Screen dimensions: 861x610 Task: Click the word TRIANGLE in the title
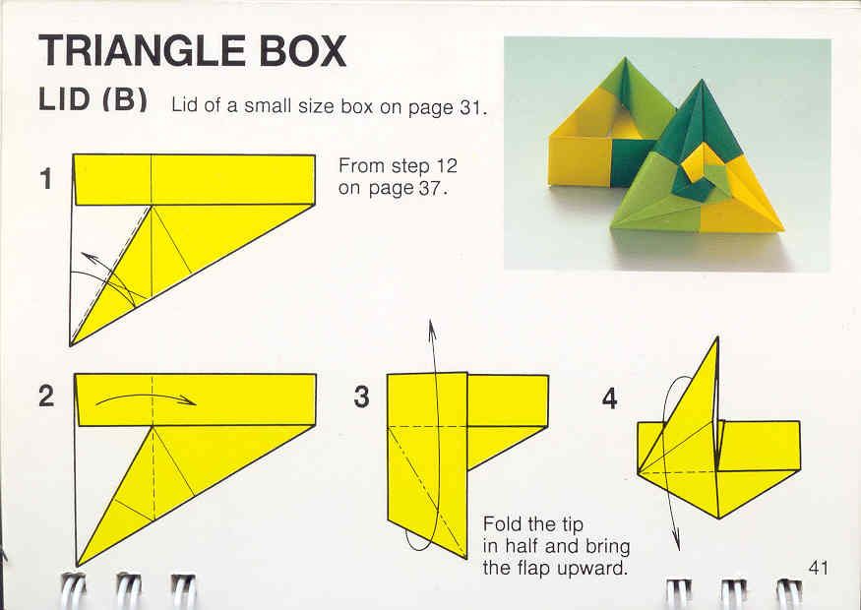pos(143,50)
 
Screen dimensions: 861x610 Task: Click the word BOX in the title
pos(302,50)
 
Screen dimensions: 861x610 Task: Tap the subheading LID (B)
pos(92,100)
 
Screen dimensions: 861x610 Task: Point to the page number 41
pos(818,568)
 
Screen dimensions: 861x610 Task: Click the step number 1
pos(46,179)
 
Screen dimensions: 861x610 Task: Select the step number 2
pos(46,396)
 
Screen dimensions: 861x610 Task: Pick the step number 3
pos(362,396)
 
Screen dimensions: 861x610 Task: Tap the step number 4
pos(609,398)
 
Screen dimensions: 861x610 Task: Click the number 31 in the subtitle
pos(470,106)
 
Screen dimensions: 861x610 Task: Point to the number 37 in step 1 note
pos(430,188)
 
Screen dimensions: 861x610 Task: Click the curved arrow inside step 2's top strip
pos(146,398)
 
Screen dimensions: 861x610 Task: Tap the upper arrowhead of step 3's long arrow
pos(432,327)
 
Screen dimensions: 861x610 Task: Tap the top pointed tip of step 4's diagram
pos(717,337)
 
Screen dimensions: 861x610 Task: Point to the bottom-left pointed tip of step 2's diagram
pos(78,565)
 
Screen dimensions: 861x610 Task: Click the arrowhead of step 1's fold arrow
pos(88,257)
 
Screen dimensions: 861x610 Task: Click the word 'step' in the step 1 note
pos(412,166)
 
